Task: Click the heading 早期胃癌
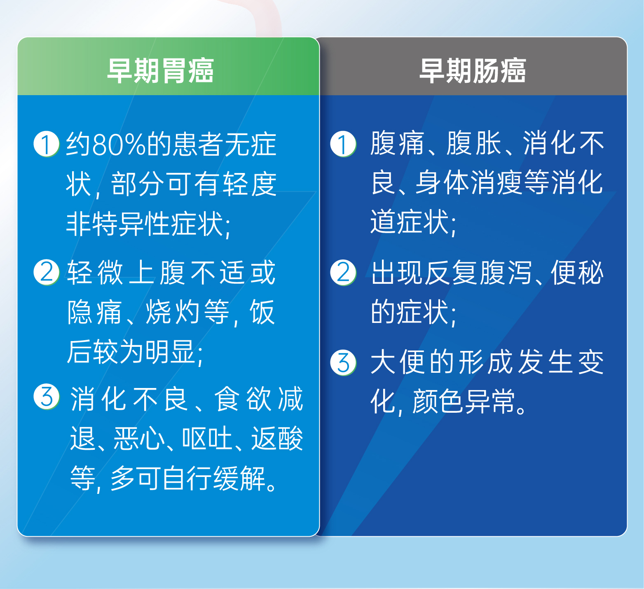click(x=160, y=71)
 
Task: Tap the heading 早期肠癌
click(x=473, y=71)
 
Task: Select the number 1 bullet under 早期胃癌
click(x=47, y=144)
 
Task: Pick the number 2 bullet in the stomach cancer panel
click(x=47, y=272)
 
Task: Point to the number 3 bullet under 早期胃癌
click(x=47, y=397)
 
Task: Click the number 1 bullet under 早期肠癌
click(x=343, y=144)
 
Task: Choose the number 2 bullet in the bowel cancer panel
click(x=343, y=273)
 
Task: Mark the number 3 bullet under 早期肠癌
click(x=343, y=362)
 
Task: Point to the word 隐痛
click(x=95, y=312)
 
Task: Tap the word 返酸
click(x=277, y=438)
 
